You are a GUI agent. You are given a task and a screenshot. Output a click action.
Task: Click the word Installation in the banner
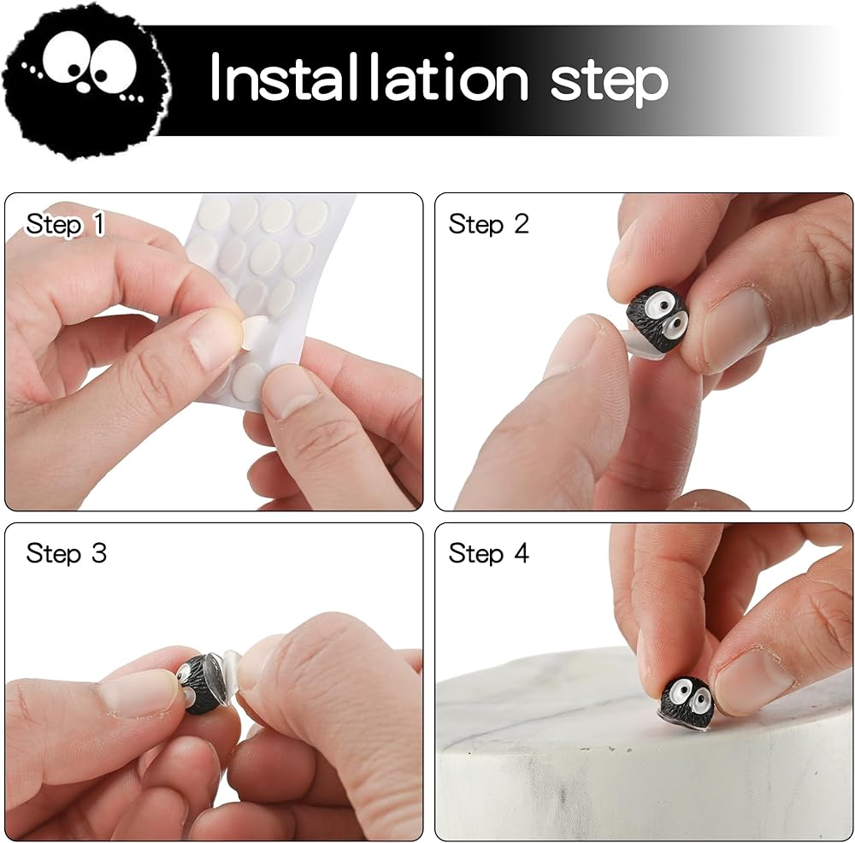tap(369, 78)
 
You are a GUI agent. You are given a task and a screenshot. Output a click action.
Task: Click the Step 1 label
tap(66, 224)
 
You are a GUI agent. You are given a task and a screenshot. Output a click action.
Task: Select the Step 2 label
tap(488, 224)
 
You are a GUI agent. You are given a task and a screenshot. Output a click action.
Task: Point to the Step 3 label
tap(66, 553)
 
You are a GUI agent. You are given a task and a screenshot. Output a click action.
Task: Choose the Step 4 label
tap(488, 553)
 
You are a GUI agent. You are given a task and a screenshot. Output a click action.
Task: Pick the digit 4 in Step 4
tap(522, 553)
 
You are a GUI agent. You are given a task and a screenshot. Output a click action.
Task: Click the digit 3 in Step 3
tap(98, 553)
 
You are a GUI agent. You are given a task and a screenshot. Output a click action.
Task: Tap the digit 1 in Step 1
tap(98, 224)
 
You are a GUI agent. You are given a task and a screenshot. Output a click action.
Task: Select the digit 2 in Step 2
tap(522, 224)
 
